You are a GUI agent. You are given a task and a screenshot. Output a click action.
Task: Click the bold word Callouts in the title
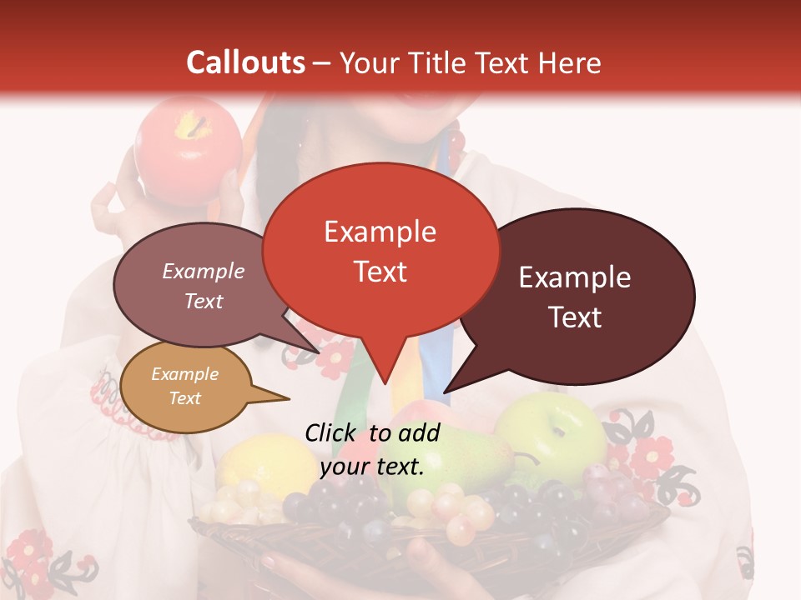click(245, 62)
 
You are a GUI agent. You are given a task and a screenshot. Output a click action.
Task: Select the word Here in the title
click(571, 62)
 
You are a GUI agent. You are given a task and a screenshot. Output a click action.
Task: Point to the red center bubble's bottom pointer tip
click(385, 383)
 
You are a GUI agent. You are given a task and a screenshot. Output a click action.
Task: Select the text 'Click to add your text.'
click(372, 450)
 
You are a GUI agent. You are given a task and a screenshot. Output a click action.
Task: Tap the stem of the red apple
click(199, 126)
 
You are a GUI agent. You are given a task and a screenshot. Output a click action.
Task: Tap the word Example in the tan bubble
click(184, 374)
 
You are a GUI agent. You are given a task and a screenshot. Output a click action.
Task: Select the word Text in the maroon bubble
click(576, 317)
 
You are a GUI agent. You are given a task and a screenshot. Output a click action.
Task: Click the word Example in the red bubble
click(380, 232)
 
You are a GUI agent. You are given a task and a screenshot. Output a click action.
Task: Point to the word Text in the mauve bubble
click(204, 301)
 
